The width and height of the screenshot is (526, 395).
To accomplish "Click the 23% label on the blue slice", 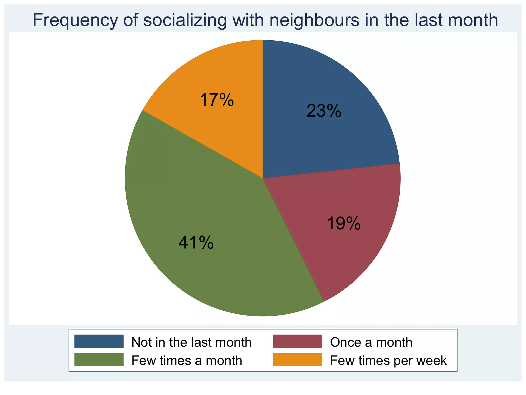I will [x=324, y=111].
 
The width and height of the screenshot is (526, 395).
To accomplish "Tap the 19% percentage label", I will [x=344, y=223].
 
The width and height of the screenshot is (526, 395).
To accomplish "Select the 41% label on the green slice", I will [x=196, y=243].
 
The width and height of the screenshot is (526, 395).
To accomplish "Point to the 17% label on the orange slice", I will [x=217, y=100].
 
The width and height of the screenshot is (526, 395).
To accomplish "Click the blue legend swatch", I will [x=99, y=341].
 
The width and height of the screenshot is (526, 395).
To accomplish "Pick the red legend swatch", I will [x=297, y=341].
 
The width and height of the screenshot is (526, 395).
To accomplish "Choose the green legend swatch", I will [x=99, y=360].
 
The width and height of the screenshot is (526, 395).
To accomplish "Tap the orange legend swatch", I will [x=297, y=360].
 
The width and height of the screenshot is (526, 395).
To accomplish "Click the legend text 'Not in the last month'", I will [x=191, y=342].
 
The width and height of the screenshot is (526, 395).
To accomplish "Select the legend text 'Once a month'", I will [x=371, y=342].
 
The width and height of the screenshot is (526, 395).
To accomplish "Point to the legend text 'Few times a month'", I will [x=187, y=361].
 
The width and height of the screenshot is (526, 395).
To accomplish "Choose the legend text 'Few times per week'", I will [x=388, y=361].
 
